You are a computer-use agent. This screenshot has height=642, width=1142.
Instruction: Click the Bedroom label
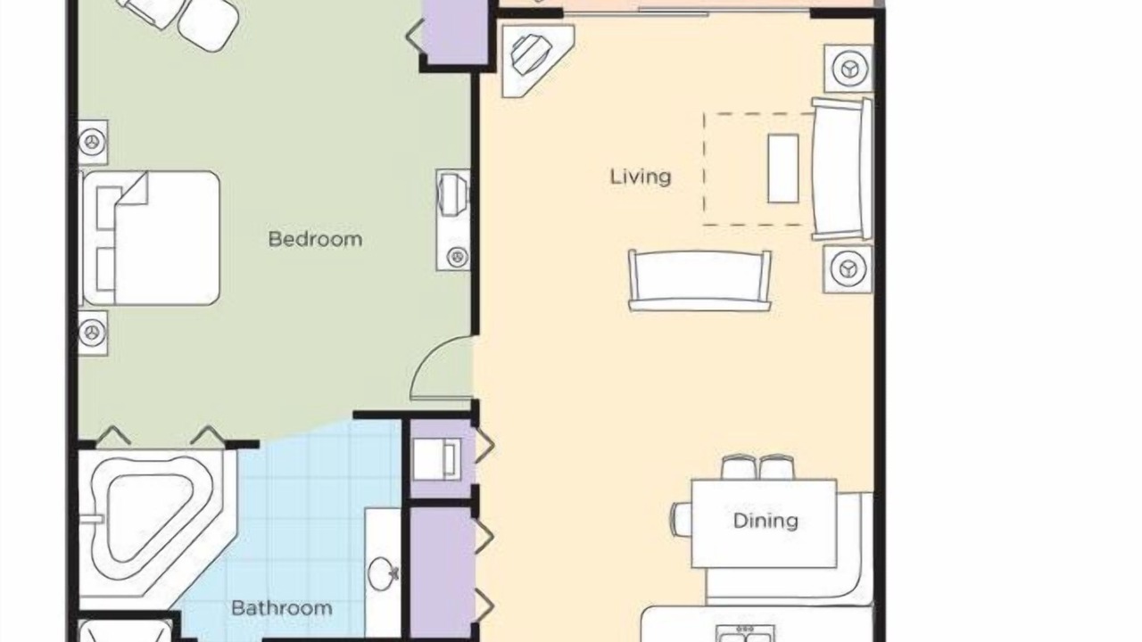point(315,239)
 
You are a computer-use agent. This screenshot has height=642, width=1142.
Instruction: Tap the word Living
point(641,177)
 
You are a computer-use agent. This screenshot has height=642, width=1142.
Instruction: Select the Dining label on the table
point(765,521)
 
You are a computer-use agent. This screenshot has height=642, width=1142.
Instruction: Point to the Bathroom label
point(281,608)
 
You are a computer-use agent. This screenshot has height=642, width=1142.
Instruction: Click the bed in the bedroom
point(152,238)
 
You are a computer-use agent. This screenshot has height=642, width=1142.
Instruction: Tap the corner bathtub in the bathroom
point(153,523)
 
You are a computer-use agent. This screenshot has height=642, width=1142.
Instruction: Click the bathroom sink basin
point(383,573)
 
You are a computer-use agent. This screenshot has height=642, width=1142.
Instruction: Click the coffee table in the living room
point(783,169)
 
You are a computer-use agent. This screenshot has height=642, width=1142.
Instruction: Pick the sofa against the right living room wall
point(841,169)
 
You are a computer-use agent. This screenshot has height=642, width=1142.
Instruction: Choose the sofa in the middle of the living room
point(699,280)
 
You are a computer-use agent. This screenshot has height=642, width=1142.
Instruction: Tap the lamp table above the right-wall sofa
point(848,69)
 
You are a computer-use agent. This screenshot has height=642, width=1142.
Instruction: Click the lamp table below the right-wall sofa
point(848,268)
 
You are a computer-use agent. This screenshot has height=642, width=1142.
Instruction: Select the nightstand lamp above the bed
point(93,142)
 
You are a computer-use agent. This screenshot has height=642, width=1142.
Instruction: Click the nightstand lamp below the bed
point(93,333)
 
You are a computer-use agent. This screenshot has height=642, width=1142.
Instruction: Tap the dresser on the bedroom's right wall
point(453,219)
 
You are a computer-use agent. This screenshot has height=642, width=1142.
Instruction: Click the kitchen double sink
point(745,634)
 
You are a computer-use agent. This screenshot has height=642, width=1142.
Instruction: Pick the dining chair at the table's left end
point(681,519)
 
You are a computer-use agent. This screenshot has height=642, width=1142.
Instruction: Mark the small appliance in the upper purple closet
point(437,459)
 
